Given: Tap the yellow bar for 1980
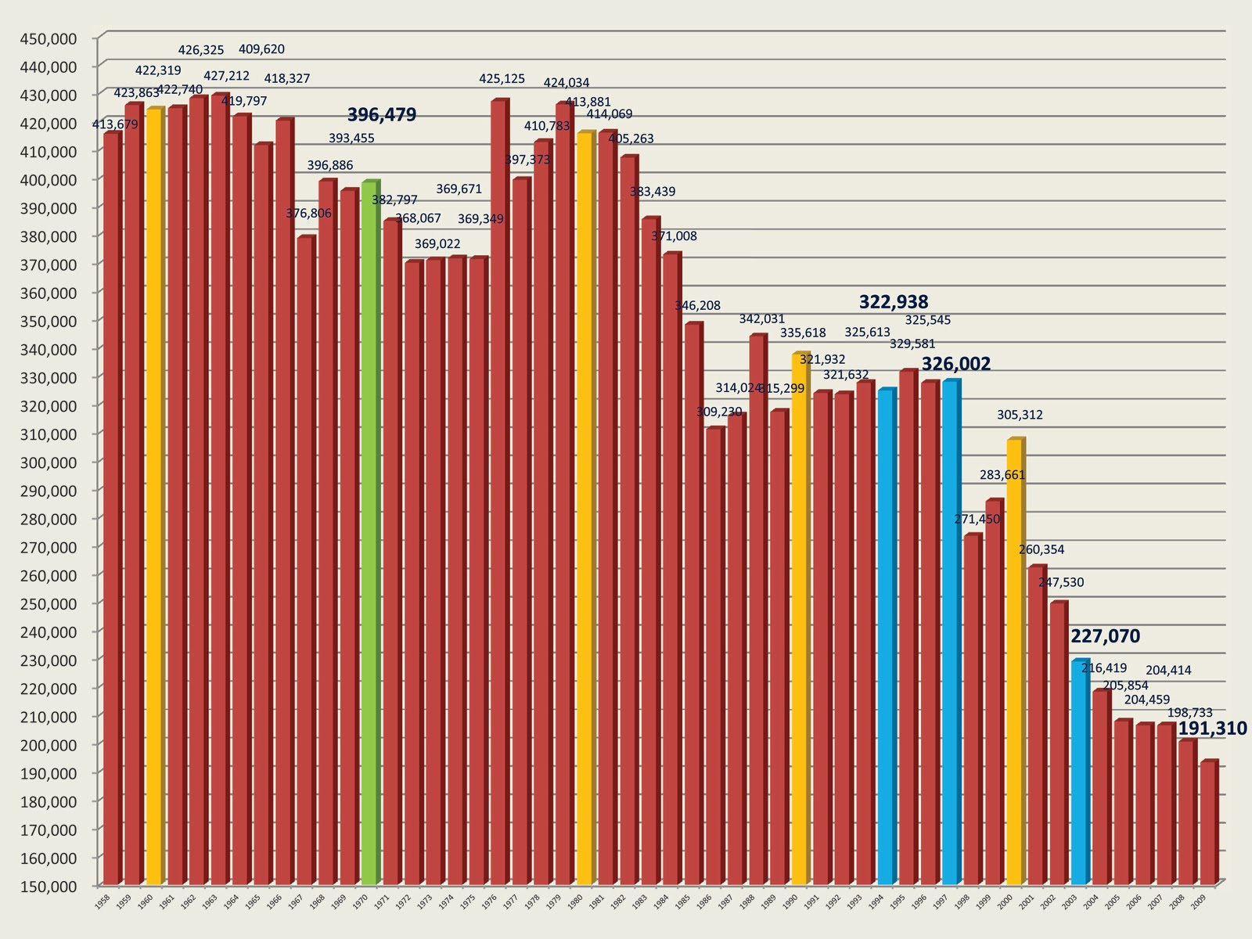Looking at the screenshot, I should click(x=585, y=508).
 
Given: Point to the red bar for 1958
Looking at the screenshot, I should click(x=111, y=509).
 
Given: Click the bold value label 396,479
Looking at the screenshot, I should click(x=382, y=115).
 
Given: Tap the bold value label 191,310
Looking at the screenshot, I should click(x=1212, y=729).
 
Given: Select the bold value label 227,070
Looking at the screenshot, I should click(x=1105, y=636).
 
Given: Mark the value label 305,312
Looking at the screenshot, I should click(x=1020, y=415).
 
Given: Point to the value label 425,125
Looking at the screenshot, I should click(x=502, y=78).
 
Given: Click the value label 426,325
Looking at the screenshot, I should click(x=201, y=50).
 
